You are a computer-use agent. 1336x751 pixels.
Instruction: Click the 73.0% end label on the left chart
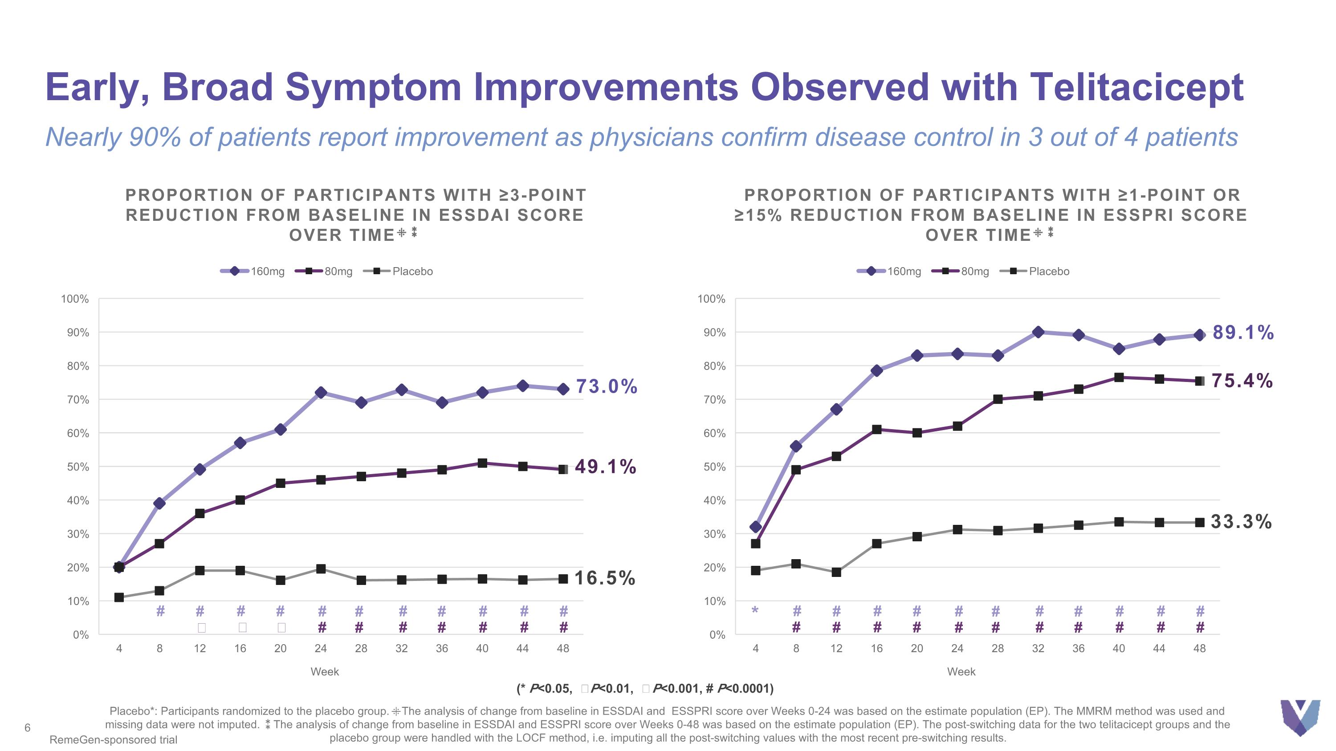606,387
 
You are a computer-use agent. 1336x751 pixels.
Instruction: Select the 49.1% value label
605,467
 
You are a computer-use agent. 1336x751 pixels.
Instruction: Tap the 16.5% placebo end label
605,578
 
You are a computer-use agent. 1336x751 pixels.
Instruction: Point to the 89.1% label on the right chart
1242,333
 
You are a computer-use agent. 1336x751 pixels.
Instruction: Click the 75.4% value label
1242,381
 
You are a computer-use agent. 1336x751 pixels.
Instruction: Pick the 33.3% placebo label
1241,522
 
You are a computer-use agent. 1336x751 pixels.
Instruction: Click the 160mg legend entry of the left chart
253,272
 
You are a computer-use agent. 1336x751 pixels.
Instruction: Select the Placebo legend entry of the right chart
1035,272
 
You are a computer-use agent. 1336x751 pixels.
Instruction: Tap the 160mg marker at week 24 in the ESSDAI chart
321,392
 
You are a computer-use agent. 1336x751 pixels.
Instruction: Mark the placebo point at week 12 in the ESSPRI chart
836,572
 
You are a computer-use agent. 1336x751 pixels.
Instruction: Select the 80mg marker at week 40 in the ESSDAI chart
482,463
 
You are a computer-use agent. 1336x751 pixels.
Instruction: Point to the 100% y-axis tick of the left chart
75,299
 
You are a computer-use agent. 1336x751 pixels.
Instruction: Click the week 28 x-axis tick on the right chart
998,648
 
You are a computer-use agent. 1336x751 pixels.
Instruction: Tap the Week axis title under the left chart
325,672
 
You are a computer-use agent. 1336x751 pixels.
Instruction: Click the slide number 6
28,728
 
